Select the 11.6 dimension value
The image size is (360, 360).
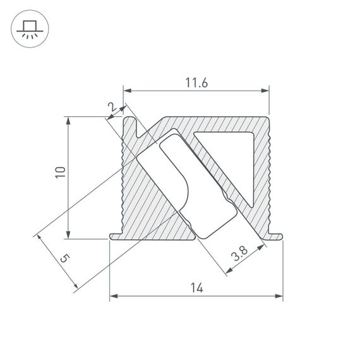click(x=196, y=81)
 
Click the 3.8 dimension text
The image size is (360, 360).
click(x=239, y=255)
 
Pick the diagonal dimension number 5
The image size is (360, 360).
click(x=64, y=258)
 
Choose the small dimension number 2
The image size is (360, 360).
click(x=113, y=109)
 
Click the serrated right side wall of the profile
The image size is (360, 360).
click(x=268, y=177)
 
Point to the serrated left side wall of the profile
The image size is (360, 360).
click(x=123, y=177)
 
